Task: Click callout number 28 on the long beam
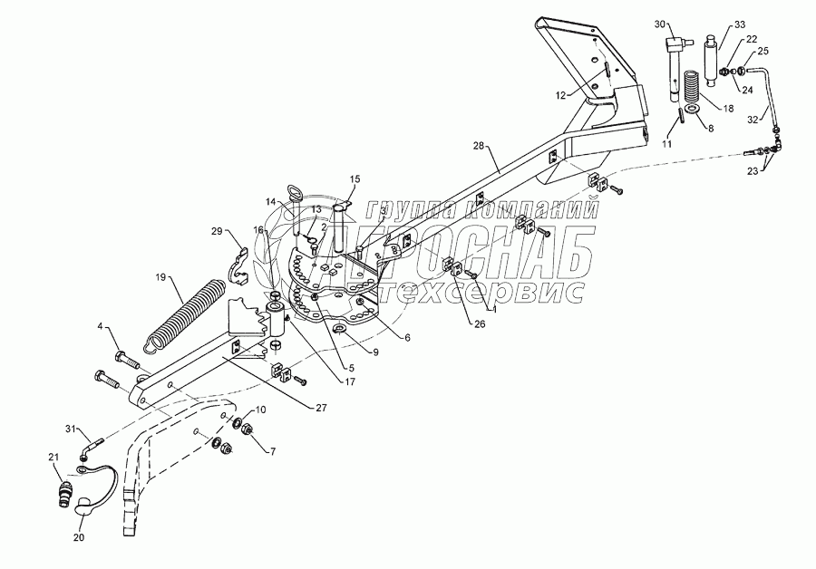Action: (x=480, y=145)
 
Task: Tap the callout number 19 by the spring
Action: (x=160, y=277)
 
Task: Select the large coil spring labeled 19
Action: (x=187, y=313)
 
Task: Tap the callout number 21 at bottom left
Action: (x=53, y=457)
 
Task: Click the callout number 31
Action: (x=72, y=429)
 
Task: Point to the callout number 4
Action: (x=101, y=325)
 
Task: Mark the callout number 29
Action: (x=217, y=232)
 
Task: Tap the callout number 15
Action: (x=355, y=179)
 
